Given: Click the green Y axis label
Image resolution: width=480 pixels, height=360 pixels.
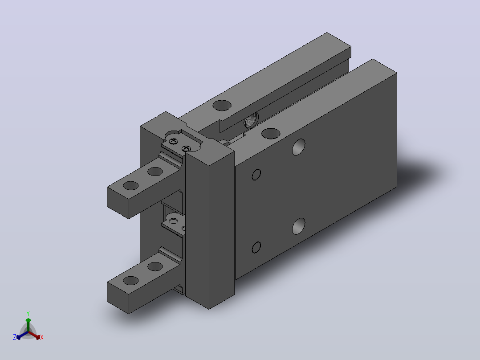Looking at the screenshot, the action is pyautogui.click(x=28, y=313).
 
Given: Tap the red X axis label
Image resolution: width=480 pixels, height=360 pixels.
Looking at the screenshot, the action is pyautogui.click(x=42, y=337).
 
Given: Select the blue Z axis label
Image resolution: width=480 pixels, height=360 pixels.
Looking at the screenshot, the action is pyautogui.click(x=15, y=337).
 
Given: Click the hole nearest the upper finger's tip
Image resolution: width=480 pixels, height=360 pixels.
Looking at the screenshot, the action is pyautogui.click(x=131, y=185).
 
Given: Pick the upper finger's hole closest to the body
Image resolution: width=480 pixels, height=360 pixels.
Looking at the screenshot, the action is pyautogui.click(x=155, y=171).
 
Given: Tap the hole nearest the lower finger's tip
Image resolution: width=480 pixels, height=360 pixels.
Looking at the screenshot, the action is pyautogui.click(x=131, y=280).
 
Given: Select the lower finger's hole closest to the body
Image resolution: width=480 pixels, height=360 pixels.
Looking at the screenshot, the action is pyautogui.click(x=155, y=266).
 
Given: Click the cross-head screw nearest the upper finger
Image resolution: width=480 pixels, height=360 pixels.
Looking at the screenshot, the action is pyautogui.click(x=174, y=141).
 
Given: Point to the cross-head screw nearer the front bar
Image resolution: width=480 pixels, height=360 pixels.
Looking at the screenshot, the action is pyautogui.click(x=186, y=149).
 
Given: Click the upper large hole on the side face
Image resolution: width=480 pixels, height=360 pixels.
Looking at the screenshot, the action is pyautogui.click(x=299, y=147).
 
